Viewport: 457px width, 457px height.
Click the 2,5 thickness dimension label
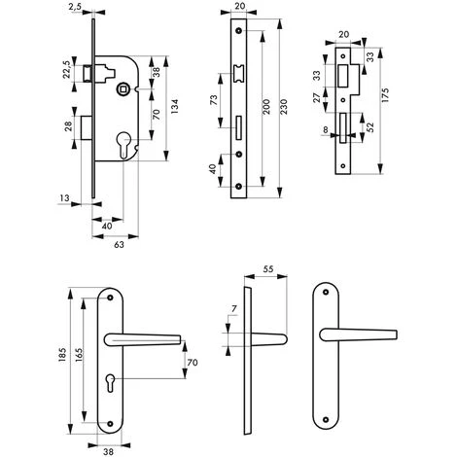75,8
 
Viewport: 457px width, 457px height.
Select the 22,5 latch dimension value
67,69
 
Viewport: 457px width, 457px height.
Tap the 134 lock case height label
174,106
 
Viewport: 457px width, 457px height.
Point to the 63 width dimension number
119,244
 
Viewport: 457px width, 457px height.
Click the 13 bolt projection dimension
64,197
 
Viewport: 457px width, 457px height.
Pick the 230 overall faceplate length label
283,107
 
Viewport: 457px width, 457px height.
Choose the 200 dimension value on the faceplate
265,107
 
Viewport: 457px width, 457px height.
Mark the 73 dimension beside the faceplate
214,101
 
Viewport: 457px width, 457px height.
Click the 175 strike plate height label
385,95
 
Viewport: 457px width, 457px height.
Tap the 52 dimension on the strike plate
369,126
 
